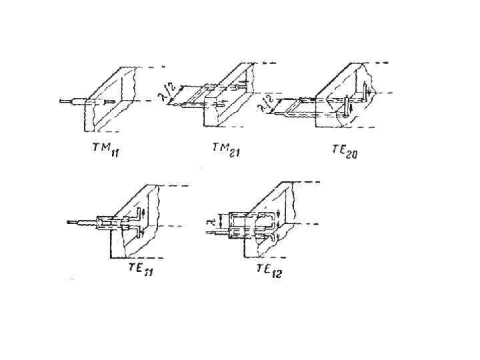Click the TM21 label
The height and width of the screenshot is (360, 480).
[226, 151]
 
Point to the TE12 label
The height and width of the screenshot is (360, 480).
[269, 269]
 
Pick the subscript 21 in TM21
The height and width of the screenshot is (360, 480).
[233, 153]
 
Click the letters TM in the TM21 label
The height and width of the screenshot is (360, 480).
[219, 149]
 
